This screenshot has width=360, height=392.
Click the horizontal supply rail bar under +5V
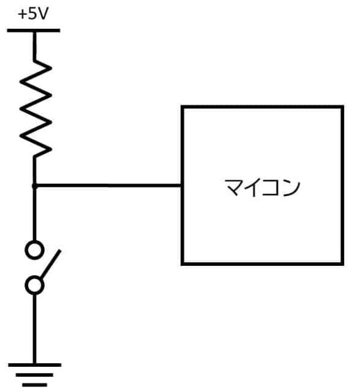point(34,29)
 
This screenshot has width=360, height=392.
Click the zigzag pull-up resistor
point(35,107)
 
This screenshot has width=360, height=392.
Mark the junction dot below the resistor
point(34,186)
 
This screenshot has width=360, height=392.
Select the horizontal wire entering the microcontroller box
point(108,186)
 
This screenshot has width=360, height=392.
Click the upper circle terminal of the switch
point(35,249)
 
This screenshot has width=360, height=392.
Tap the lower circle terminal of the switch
point(35,285)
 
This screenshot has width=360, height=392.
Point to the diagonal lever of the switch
point(50,265)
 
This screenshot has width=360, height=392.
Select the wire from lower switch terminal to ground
point(34,328)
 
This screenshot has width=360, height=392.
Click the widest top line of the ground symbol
point(34,365)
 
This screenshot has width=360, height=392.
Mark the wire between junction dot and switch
point(34,214)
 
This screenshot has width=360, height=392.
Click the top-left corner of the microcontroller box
point(182,107)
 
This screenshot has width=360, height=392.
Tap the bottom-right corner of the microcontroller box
point(342,264)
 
